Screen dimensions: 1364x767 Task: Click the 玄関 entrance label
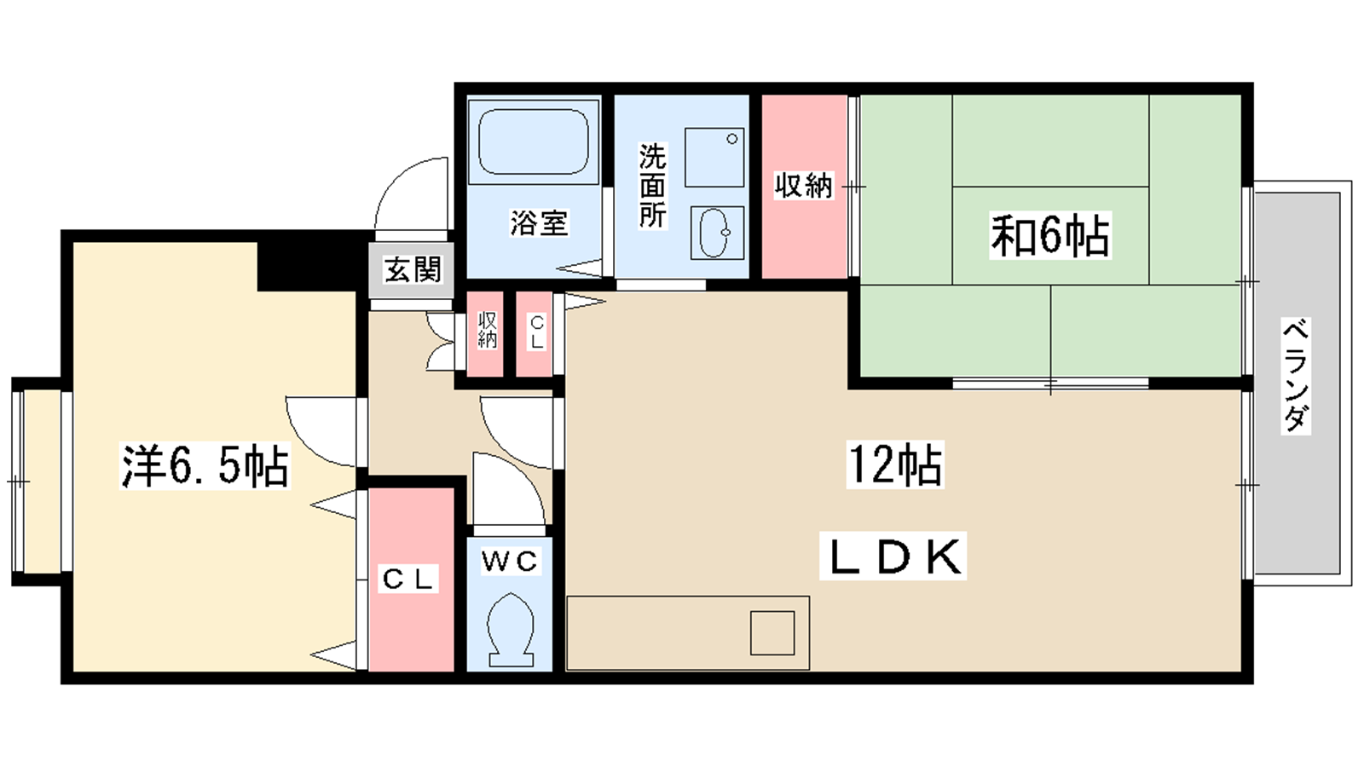click(x=413, y=269)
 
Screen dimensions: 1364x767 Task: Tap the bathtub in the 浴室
click(x=534, y=142)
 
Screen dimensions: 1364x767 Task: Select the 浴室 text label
click(x=539, y=222)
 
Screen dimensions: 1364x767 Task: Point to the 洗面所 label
click(x=652, y=185)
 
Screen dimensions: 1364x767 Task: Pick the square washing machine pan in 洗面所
click(x=714, y=157)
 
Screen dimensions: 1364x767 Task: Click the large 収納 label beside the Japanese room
click(x=803, y=185)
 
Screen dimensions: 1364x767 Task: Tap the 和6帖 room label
click(x=1049, y=235)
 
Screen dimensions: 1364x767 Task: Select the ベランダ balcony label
click(x=1295, y=375)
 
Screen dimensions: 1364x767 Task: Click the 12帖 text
click(x=895, y=464)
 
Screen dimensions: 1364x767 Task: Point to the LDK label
click(x=893, y=557)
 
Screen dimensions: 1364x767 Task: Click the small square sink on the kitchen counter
click(x=772, y=633)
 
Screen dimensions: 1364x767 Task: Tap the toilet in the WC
click(x=511, y=631)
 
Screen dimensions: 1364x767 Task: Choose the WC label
click(x=510, y=561)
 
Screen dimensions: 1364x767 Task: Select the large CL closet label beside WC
click(x=408, y=579)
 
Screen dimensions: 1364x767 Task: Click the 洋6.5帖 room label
click(x=205, y=466)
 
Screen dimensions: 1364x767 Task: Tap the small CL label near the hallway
click(x=536, y=332)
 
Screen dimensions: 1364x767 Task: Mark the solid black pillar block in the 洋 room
click(x=307, y=266)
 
